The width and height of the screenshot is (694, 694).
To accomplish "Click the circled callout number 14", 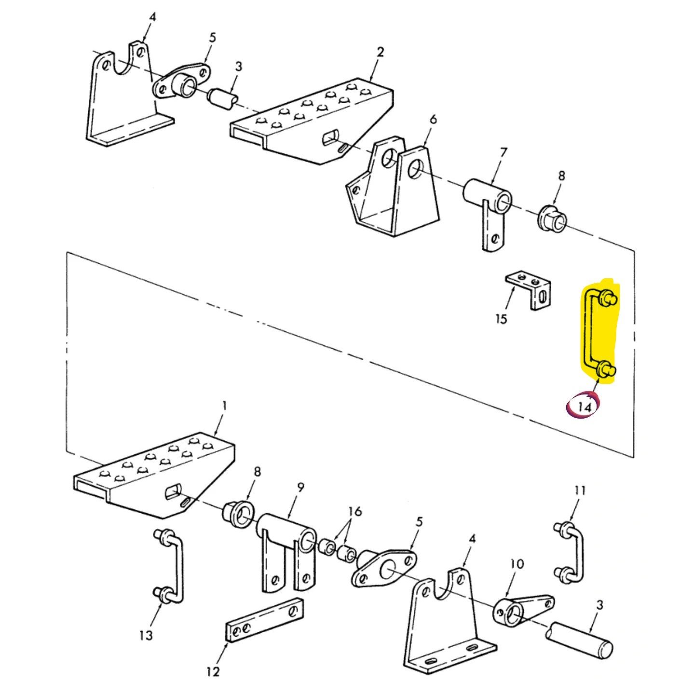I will tap(584, 407).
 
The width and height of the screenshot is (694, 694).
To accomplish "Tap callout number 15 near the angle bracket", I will tap(501, 319).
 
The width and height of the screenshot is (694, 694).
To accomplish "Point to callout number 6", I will tap(433, 119).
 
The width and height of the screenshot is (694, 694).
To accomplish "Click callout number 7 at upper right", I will tap(503, 153).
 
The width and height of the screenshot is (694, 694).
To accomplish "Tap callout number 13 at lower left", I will tap(146, 635).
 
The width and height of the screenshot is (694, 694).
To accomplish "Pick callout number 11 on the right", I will tap(580, 491).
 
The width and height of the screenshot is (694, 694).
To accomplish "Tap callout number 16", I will tap(355, 511).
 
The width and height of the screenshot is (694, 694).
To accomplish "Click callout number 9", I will tap(300, 488).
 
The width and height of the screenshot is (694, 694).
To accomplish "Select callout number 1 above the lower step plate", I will tap(224, 406).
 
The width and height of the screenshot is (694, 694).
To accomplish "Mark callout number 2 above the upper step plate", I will tap(380, 52).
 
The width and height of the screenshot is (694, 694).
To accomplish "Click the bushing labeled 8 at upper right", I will tap(552, 218).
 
